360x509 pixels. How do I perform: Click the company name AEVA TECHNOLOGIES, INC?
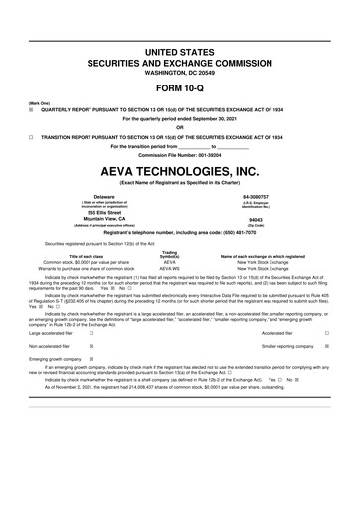(180, 171)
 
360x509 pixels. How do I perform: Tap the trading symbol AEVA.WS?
(170, 268)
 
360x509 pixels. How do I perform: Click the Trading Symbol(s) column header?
(170, 254)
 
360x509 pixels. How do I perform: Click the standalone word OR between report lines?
(180, 127)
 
